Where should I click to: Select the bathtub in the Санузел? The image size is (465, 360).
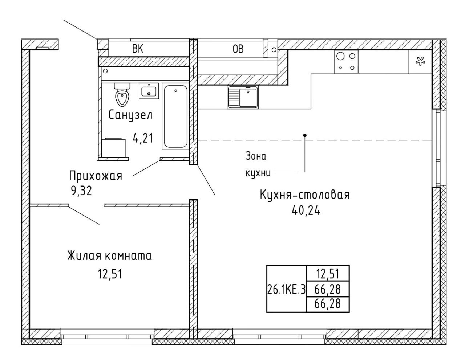click(175, 116)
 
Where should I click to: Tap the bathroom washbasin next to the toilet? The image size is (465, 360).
click(149, 91)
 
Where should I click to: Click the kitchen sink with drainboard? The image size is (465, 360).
click(243, 97)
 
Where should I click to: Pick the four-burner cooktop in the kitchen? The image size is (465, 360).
click(346, 62)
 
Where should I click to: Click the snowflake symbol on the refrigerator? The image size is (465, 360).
click(420, 61)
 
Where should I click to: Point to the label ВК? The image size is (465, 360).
click(138, 49)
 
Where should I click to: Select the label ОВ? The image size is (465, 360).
click(238, 49)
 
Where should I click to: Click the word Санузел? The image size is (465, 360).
click(130, 116)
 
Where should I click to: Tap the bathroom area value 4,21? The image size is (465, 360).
click(143, 138)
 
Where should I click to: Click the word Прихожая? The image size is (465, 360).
click(96, 176)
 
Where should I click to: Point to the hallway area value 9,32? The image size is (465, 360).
click(81, 191)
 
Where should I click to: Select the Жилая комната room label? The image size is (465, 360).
click(110, 256)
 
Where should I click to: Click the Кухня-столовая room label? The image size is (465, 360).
click(305, 195)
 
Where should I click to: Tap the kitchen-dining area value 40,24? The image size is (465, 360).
click(306, 211)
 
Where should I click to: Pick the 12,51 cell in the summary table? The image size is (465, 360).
click(328, 274)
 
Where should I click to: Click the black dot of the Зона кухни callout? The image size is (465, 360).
click(305, 135)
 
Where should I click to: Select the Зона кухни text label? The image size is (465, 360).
click(258, 165)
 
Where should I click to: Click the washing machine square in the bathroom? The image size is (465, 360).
click(114, 148)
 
